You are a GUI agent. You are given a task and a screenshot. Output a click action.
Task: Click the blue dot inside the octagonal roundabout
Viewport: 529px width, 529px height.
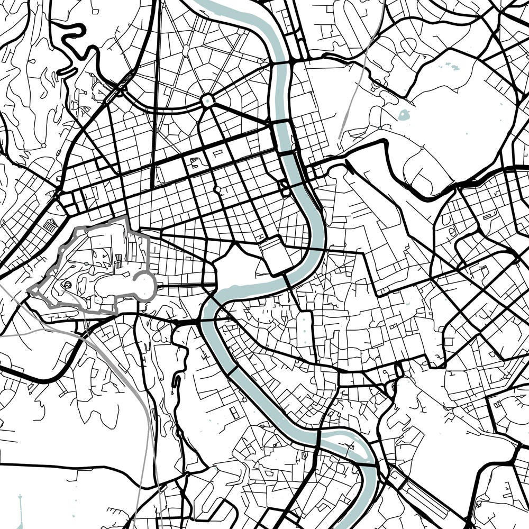tap(207, 99)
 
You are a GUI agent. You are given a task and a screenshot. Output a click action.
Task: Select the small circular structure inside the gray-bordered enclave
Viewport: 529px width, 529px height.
tap(68, 285)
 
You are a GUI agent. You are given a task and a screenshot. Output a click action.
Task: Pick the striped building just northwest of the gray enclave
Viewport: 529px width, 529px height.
tap(51, 225)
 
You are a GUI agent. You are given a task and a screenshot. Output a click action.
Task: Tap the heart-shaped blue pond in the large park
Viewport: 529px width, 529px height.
tap(404, 114)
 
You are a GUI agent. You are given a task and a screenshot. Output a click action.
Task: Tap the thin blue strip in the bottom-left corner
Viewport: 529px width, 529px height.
tap(20, 510)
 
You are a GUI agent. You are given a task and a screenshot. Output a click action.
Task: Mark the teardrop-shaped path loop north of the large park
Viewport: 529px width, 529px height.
tap(377, 82)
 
